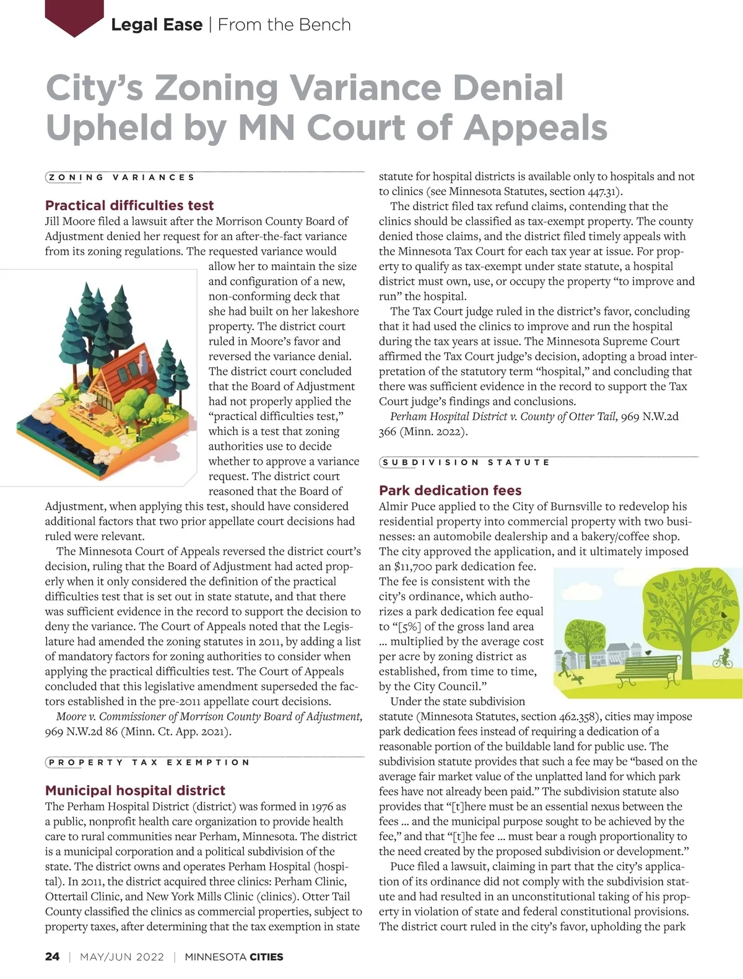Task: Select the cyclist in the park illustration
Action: pos(722,657)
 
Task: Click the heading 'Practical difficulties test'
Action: pos(129,205)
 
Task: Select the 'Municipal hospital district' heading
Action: pos(135,790)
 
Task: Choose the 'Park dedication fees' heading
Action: pos(450,490)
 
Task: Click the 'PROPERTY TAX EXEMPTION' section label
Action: pos(149,762)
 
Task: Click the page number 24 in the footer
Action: pos(53,956)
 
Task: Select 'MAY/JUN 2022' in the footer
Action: pos(122,957)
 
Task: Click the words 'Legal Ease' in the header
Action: pos(157,25)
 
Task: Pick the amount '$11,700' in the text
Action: pos(414,566)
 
